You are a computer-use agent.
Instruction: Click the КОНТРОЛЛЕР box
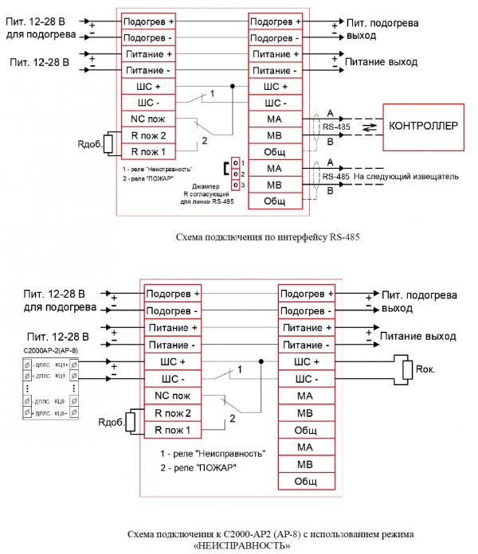pos(423,127)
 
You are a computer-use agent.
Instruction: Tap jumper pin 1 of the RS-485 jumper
pos(235,162)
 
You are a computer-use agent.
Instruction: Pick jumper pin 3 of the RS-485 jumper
pos(235,184)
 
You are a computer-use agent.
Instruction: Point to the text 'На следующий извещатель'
pos(407,176)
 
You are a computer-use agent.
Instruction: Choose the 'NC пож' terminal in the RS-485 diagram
pos(143,119)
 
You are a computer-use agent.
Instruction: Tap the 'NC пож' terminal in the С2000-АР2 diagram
pos(172,395)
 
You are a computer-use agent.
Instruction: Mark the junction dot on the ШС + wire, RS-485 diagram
pos(232,86)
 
